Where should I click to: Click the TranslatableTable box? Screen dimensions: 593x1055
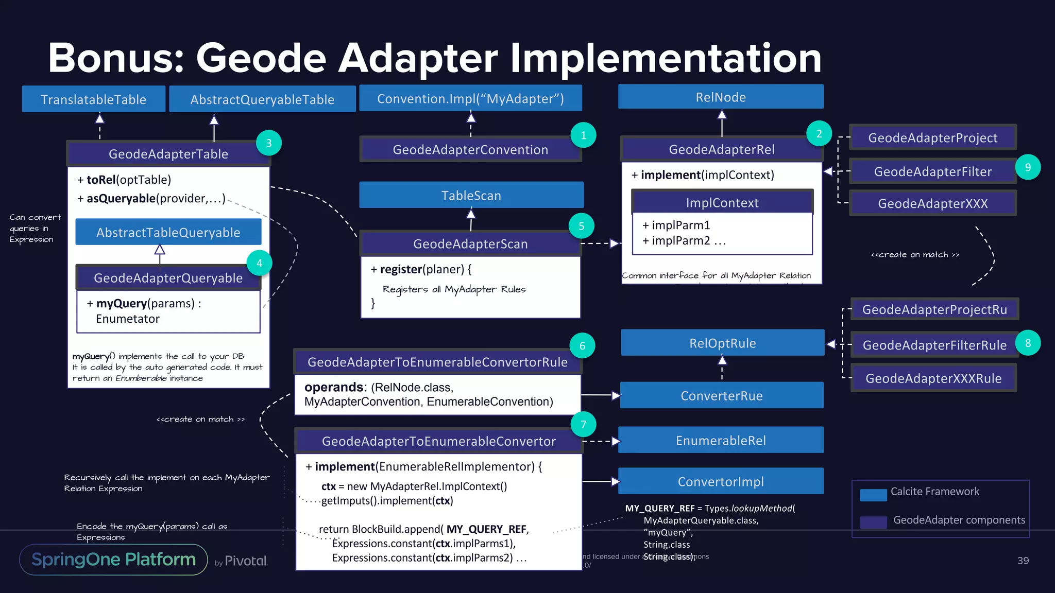94,99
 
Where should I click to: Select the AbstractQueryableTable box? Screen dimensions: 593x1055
262,99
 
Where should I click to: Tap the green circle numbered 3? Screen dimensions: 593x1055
269,143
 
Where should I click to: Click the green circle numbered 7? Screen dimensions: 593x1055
584,424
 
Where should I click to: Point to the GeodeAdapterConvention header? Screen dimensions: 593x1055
470,150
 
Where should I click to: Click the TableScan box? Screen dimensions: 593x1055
471,196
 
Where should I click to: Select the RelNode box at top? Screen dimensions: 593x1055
721,97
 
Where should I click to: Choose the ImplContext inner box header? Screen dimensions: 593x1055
722,203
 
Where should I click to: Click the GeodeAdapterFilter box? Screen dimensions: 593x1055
932,171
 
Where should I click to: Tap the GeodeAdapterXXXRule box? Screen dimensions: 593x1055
933,378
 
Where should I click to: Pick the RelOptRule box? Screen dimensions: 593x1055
722,343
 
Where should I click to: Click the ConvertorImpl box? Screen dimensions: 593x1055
721,481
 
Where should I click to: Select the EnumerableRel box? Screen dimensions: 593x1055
721,440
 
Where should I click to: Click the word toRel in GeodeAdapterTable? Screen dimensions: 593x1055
101,180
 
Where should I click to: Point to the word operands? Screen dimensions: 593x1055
334,387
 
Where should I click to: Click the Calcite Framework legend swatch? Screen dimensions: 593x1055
873,495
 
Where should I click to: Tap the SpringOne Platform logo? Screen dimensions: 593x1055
113,560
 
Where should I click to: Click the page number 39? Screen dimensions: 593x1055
1023,561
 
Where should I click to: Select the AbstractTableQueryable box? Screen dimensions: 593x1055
168,232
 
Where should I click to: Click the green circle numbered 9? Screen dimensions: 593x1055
1028,167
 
